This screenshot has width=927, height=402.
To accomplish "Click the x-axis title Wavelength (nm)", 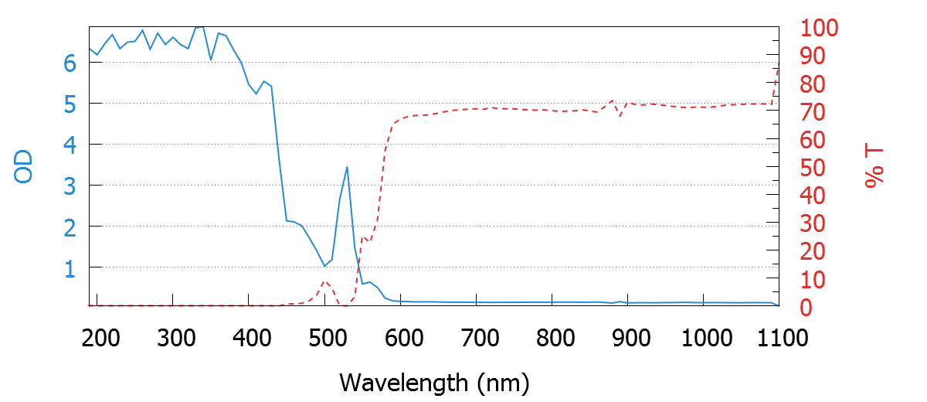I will [433, 382].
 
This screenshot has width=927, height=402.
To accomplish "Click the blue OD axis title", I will [24, 166].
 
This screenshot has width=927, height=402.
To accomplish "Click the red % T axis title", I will [874, 166].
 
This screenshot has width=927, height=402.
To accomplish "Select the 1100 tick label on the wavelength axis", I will [779, 338].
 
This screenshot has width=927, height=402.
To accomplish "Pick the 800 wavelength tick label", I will [629, 338].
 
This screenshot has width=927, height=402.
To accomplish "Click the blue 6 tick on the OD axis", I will [70, 63].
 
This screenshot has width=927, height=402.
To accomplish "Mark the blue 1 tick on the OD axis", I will [70, 267].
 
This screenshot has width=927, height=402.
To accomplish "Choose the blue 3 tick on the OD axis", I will [70, 186].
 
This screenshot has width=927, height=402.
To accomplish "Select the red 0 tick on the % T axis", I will [806, 307].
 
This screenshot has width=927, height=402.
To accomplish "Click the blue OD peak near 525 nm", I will [347, 167].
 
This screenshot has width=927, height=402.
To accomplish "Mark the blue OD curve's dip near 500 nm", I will [324, 266].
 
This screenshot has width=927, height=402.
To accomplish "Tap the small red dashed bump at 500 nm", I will [325, 281].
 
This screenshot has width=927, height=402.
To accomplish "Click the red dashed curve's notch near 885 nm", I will [620, 117].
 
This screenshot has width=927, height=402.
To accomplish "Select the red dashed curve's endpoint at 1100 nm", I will [778, 61].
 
